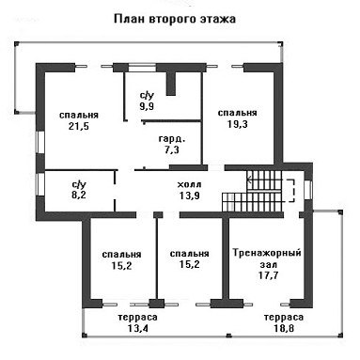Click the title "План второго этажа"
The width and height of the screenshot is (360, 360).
(x=175, y=19)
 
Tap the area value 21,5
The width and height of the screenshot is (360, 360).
(x=79, y=126)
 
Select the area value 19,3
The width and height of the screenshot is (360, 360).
(x=237, y=124)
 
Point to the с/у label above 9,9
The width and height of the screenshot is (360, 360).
(x=147, y=95)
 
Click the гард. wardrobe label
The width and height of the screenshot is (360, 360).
(x=172, y=138)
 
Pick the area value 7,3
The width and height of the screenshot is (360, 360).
(x=172, y=149)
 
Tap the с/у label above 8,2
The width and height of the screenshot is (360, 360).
(x=79, y=184)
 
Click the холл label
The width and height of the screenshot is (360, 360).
(x=189, y=184)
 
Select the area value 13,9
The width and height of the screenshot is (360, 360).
(x=190, y=196)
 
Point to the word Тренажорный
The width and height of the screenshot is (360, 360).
(x=267, y=253)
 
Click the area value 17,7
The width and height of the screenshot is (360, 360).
(x=269, y=275)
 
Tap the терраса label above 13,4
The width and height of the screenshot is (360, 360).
(x=138, y=318)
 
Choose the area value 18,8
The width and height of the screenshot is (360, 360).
(x=284, y=329)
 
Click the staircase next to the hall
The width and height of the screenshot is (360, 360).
(x=252, y=191)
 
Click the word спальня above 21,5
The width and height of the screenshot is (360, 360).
(x=79, y=115)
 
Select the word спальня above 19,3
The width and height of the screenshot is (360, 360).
(x=238, y=113)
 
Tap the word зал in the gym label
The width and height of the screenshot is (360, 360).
(x=269, y=265)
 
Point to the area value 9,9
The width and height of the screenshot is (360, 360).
(x=147, y=106)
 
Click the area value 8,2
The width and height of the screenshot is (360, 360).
(x=79, y=195)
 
